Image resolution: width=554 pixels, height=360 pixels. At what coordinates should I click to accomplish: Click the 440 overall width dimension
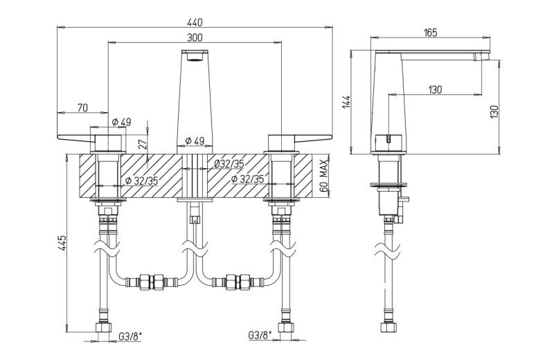(x=195, y=22)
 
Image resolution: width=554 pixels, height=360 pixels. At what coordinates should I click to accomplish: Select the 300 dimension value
(x=195, y=37)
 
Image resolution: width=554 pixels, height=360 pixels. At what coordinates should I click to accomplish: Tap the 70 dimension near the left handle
(x=82, y=108)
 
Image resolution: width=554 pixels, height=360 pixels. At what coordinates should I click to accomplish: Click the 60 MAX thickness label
(x=324, y=176)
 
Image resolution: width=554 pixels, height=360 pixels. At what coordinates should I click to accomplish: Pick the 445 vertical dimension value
(x=62, y=243)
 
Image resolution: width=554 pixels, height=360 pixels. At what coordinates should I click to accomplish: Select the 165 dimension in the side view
(x=430, y=33)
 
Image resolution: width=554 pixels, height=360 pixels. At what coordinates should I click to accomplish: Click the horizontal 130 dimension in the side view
(x=435, y=90)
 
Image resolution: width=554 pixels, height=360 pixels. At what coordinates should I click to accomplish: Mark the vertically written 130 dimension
(x=494, y=111)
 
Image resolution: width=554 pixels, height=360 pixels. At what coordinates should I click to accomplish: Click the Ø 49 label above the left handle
(x=121, y=123)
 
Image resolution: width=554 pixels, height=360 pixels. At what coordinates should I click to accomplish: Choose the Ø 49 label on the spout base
(x=195, y=141)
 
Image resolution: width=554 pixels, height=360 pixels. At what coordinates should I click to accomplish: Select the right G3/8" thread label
(x=260, y=334)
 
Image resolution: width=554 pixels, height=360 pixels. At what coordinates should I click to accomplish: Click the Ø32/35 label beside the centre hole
(x=229, y=164)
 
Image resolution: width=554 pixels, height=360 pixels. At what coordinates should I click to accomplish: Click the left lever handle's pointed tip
(x=57, y=136)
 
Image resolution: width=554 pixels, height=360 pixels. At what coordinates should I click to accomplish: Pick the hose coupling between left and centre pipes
(x=152, y=282)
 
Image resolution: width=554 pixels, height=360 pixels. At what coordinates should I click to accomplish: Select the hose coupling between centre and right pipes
(x=238, y=282)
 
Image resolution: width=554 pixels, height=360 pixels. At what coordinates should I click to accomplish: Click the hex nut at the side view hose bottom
(x=388, y=327)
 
